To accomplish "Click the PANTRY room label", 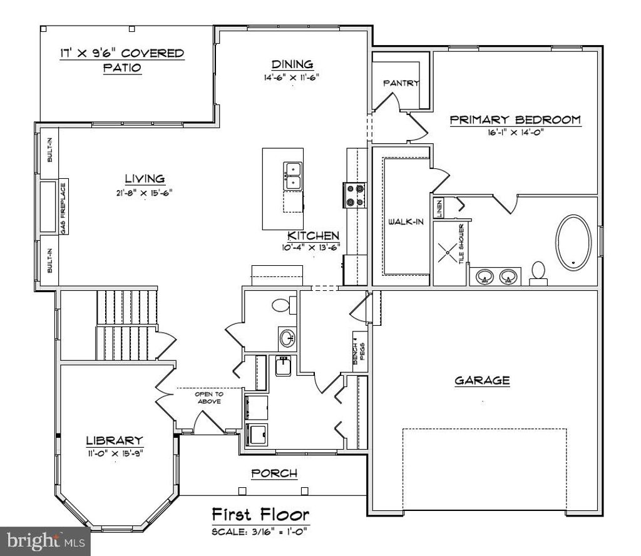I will click(x=401, y=83).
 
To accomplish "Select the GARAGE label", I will click(x=482, y=380).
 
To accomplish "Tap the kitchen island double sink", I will click(x=293, y=176).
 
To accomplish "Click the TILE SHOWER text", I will click(x=462, y=244).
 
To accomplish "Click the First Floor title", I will click(x=260, y=515).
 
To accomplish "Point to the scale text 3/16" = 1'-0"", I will click(x=260, y=532).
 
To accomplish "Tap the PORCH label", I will click(x=274, y=473).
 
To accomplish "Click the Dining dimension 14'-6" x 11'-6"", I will click(x=292, y=79).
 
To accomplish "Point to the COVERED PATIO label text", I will click(x=122, y=60).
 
